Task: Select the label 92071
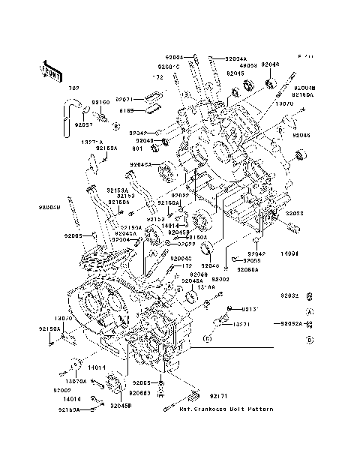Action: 124,99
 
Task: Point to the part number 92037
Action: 83,124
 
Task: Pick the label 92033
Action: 293,214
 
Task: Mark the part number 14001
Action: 290,254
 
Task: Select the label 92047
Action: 125,132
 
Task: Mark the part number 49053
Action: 248,65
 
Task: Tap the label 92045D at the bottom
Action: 120,405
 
